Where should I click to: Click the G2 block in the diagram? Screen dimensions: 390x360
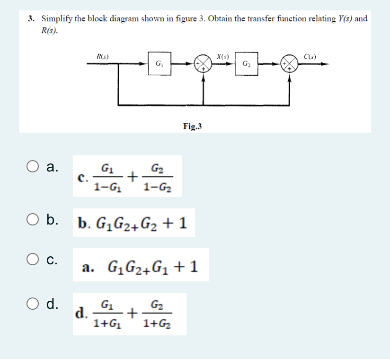point(246,63)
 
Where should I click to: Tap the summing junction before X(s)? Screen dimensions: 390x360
point(203,63)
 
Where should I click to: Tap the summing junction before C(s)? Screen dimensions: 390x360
point(288,63)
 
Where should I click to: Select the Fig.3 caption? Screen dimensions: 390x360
point(193,126)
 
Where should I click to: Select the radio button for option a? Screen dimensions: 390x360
point(33,167)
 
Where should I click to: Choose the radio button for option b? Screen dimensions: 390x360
point(33,220)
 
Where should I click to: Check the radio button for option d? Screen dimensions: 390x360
point(33,304)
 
